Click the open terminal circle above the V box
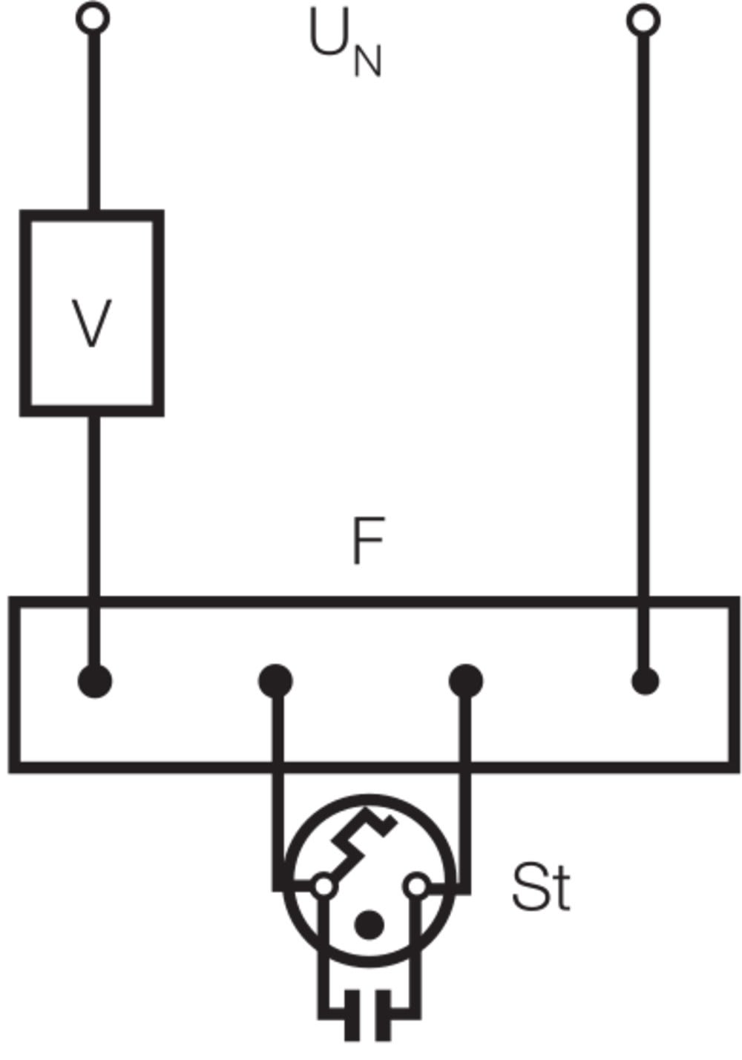point(93,18)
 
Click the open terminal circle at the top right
point(643,19)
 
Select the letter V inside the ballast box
point(92,323)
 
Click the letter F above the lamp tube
point(367,541)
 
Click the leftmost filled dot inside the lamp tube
point(95,680)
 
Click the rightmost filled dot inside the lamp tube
point(644,680)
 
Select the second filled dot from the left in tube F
point(275,680)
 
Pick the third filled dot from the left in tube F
point(466,680)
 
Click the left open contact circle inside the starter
point(324,886)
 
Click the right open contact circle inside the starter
point(418,886)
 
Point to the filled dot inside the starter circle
point(369,925)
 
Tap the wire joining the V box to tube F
point(93,504)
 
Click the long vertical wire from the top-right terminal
point(643,297)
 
